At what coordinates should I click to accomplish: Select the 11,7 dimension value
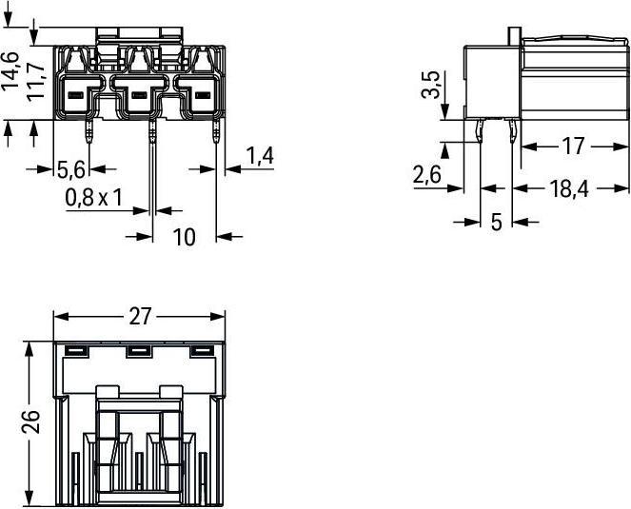click(x=35, y=81)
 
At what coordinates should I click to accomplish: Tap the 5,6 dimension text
click(x=71, y=169)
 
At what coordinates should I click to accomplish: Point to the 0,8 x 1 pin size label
click(x=93, y=198)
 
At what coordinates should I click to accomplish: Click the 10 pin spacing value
click(x=184, y=237)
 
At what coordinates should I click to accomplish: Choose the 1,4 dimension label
click(x=260, y=156)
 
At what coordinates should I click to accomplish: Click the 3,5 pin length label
click(x=430, y=85)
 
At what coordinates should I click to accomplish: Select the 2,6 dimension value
click(x=427, y=175)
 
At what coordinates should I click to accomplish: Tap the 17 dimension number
click(x=573, y=147)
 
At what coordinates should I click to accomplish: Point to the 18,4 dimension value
click(x=569, y=188)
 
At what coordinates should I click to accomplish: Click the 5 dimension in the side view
click(x=497, y=222)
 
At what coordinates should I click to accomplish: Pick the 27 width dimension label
click(x=140, y=316)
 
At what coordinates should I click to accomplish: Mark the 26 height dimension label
click(x=31, y=422)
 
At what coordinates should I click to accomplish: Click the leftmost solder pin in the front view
click(x=89, y=130)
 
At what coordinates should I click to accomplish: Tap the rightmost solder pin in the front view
click(x=216, y=130)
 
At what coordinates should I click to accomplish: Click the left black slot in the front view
click(x=75, y=95)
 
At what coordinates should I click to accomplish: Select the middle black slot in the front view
click(x=139, y=95)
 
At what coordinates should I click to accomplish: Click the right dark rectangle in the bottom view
click(x=201, y=352)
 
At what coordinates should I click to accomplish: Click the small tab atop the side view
click(x=514, y=36)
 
